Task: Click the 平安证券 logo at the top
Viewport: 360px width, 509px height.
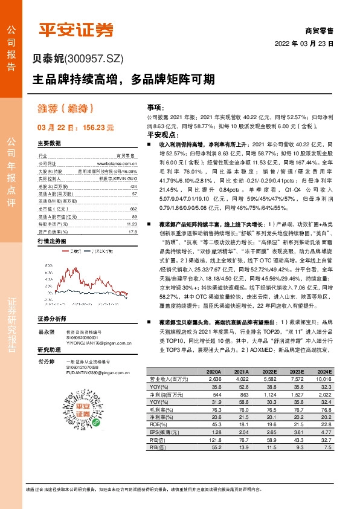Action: click(76, 30)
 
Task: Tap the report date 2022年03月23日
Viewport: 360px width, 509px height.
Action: click(304, 44)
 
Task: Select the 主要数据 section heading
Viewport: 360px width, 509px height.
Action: click(50, 144)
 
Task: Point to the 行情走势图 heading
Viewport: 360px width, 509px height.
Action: click(51, 241)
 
